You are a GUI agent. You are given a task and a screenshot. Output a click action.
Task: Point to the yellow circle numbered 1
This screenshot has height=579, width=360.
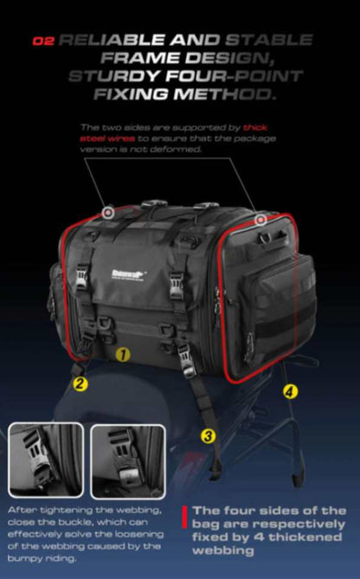click(123, 354)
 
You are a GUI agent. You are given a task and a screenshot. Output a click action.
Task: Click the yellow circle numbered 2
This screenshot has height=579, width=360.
click(79, 382)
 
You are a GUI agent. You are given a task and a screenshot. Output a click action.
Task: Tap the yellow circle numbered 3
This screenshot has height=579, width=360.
click(208, 436)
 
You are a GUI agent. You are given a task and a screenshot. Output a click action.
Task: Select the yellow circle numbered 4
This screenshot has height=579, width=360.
click(289, 391)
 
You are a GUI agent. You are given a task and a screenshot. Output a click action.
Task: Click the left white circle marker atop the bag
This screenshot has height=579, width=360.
click(107, 211)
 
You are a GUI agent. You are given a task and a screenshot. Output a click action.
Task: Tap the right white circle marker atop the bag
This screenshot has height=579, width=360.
click(260, 220)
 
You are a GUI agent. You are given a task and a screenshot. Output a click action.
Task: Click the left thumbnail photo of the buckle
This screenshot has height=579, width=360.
click(46, 460)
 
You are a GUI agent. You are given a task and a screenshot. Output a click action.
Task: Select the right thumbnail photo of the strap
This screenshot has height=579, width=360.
click(127, 460)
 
